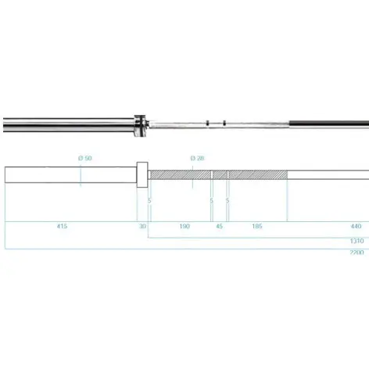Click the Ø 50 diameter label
[x=85, y=158]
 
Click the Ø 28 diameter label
[x=198, y=158]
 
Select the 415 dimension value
[x=62, y=226]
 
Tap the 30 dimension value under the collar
[x=143, y=226]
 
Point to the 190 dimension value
[x=184, y=226]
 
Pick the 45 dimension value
[x=220, y=226]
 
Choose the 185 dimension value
[x=257, y=226]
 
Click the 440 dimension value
[x=356, y=226]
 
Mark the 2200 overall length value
[x=356, y=253]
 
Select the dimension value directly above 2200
[x=356, y=241]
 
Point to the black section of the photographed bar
[x=328, y=123]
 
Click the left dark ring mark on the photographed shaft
[x=207, y=123]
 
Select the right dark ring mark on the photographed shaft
[x=224, y=123]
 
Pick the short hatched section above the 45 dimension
[x=220, y=174]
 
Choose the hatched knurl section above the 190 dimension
[x=181, y=174]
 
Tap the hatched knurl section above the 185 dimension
[x=258, y=174]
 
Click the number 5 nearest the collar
[x=149, y=200]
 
